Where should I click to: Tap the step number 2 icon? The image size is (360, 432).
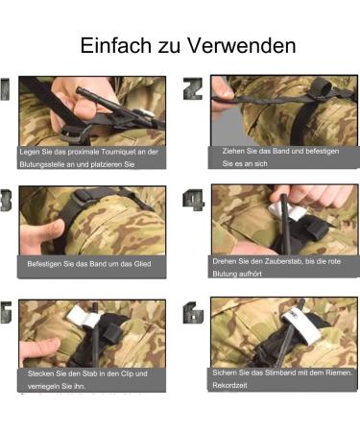(x=193, y=89)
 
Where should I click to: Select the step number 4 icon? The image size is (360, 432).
(x=193, y=200)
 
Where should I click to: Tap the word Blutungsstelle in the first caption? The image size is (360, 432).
(x=47, y=164)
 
